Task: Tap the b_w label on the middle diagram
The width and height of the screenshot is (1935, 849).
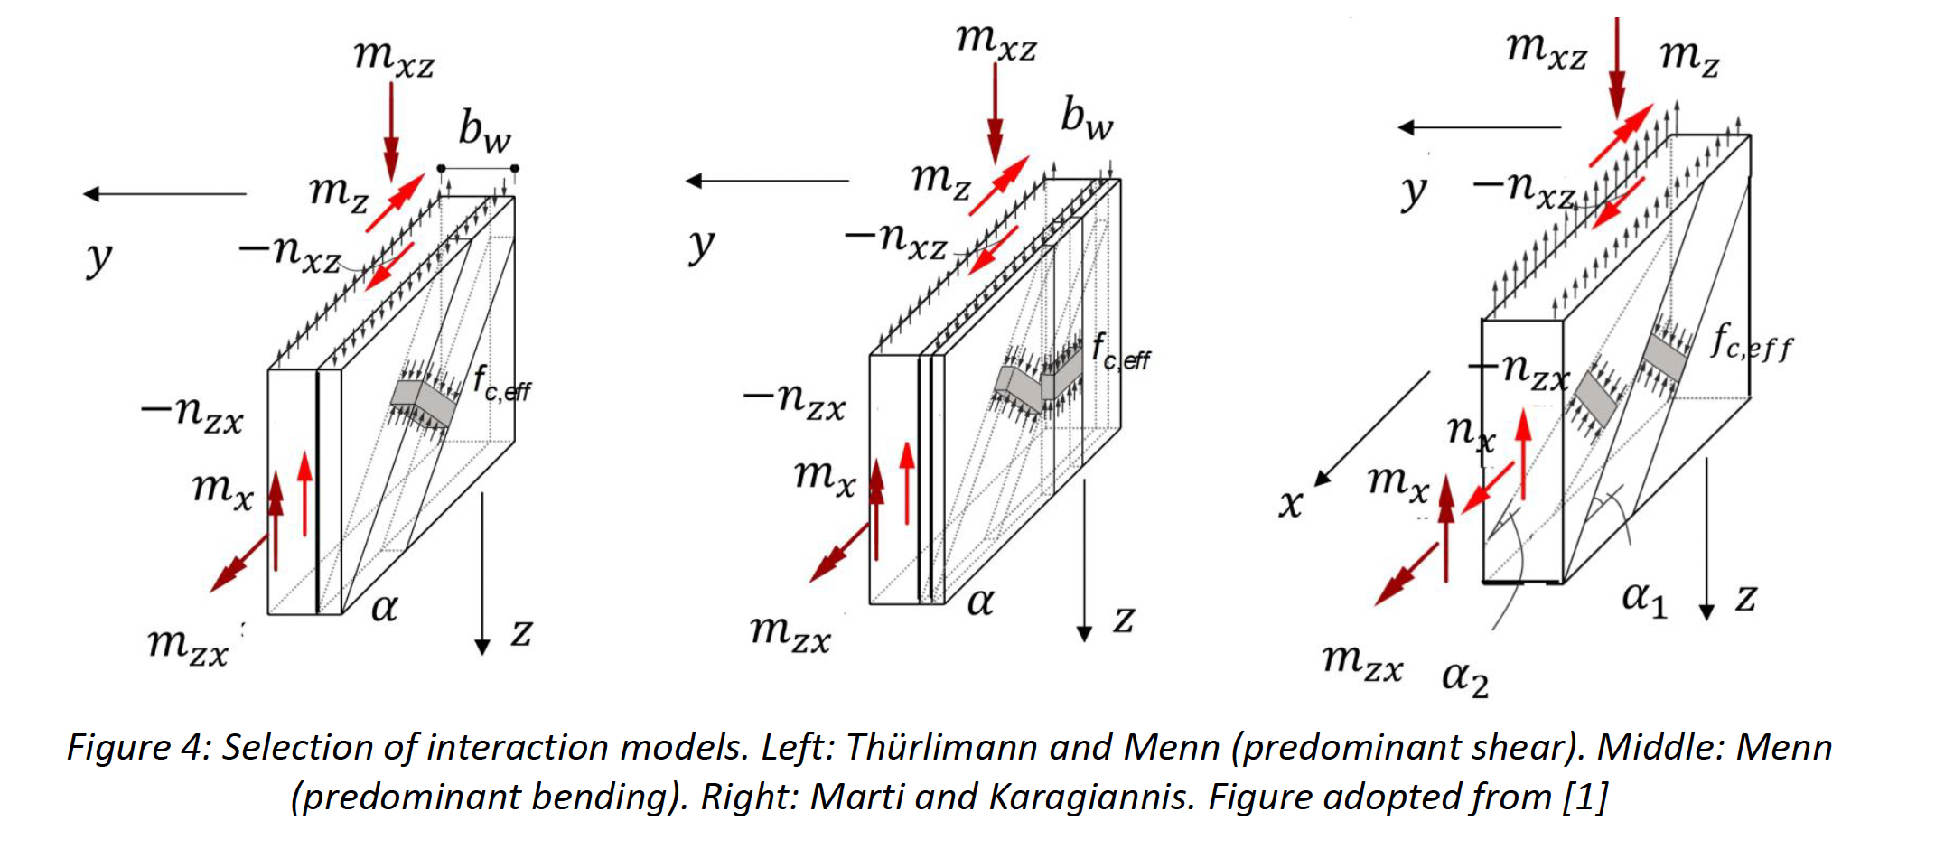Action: (x=1086, y=118)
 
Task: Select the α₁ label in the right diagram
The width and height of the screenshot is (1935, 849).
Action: (x=1644, y=599)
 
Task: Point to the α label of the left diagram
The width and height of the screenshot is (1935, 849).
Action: (x=384, y=607)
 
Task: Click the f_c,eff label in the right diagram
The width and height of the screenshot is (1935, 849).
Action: (x=1751, y=344)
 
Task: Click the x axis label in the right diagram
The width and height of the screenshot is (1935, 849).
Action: (x=1291, y=503)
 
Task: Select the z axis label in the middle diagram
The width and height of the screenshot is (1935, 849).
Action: (x=1123, y=619)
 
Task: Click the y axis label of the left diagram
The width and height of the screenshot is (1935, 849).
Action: (x=98, y=258)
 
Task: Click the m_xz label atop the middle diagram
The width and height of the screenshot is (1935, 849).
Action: (x=996, y=42)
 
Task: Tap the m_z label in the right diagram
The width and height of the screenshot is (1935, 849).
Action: (x=1689, y=56)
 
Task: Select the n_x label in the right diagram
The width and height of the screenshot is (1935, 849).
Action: (x=1470, y=432)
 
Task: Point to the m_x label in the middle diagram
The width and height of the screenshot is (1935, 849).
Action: (x=824, y=475)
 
